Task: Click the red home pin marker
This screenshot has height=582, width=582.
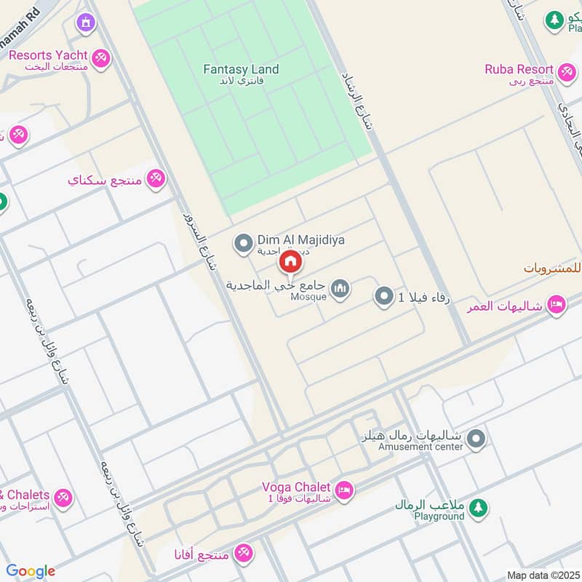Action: (290, 262)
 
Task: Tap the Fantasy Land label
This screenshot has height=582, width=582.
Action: (241, 70)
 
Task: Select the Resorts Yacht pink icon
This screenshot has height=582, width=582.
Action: (100, 56)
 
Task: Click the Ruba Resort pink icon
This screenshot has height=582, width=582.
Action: (567, 71)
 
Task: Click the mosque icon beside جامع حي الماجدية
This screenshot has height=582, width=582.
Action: (339, 290)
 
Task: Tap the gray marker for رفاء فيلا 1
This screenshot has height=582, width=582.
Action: (383, 296)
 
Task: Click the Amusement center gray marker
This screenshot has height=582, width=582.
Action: (477, 438)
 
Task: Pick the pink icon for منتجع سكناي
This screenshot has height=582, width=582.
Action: (156, 178)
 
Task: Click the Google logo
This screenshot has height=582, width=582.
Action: (31, 571)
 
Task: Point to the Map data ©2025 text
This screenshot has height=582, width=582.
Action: (542, 575)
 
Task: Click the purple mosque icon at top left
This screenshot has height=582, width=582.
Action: (86, 23)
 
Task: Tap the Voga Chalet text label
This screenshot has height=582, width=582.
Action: (297, 487)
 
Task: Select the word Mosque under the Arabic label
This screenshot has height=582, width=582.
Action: (308, 297)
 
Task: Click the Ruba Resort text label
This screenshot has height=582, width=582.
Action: (519, 70)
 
